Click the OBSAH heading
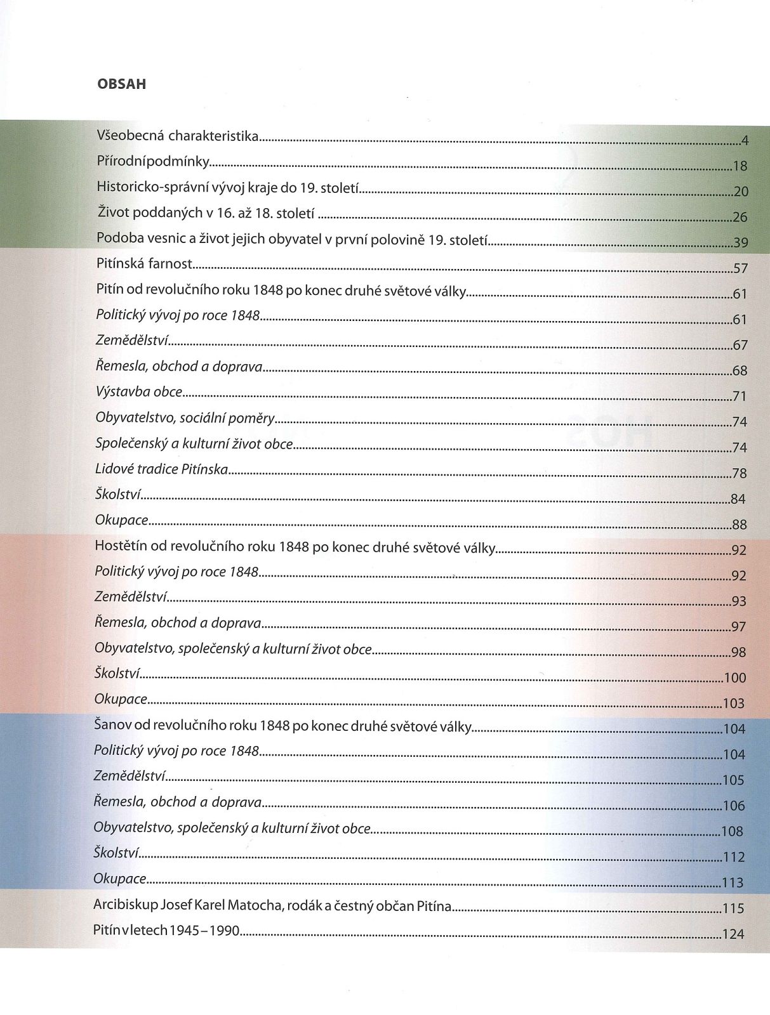pos(121,84)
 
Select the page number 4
pos(745,141)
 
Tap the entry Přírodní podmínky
pos(153,161)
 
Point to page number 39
pos(740,242)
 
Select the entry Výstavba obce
pos(139,391)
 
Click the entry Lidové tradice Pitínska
pos(161,469)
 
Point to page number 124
pos(733,934)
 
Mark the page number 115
pos(733,908)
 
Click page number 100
pos(734,678)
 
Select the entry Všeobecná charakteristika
pos(178,135)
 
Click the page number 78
pos(740,473)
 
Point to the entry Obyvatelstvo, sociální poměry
pos(185,417)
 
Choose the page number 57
pos(740,268)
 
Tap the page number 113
pos(733,882)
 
